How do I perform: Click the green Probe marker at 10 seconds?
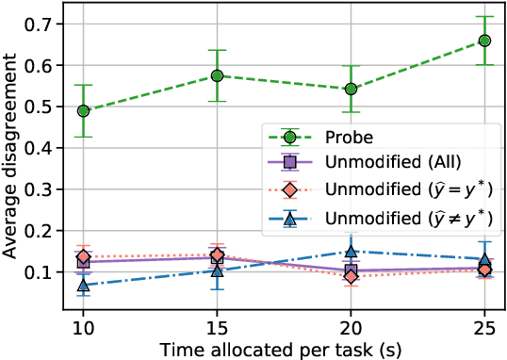coord(84,110)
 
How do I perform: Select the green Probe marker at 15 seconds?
coord(217,75)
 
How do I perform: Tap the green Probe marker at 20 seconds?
coord(351,89)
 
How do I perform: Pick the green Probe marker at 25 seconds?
coord(484,41)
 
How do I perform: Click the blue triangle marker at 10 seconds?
coord(84,284)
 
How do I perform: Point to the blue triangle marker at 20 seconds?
coord(351,252)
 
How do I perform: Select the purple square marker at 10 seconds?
coord(84,261)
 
